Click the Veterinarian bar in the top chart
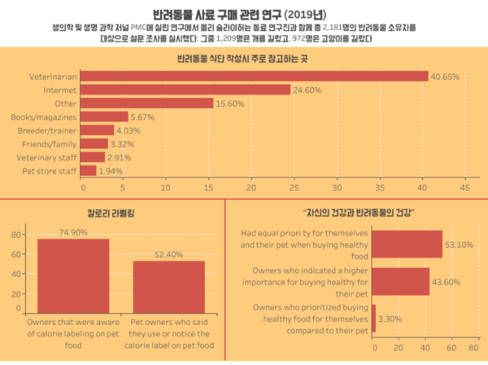click(255, 77)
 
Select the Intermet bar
click(187, 90)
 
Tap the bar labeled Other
click(148, 103)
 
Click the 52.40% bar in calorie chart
click(169, 284)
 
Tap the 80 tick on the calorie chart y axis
click(15, 235)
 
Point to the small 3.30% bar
click(373, 318)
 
